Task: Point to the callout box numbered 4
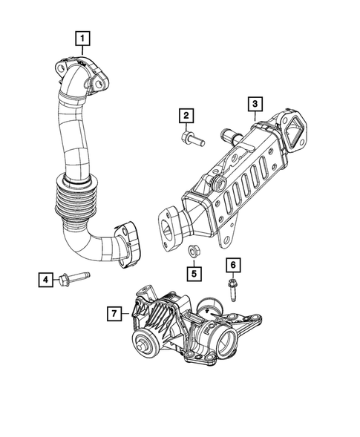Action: [x=46, y=279]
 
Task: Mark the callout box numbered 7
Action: [x=114, y=314]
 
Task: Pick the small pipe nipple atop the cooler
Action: [x=226, y=136]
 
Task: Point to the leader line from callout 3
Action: [x=254, y=115]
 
